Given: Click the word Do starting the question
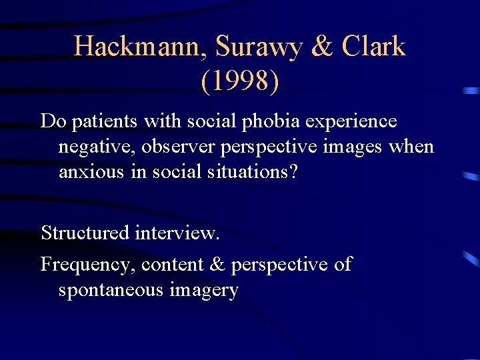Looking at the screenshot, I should (x=52, y=121).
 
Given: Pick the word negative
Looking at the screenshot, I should (x=91, y=147).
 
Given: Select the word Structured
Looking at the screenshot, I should (x=85, y=233).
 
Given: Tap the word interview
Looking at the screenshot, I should (x=177, y=233).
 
